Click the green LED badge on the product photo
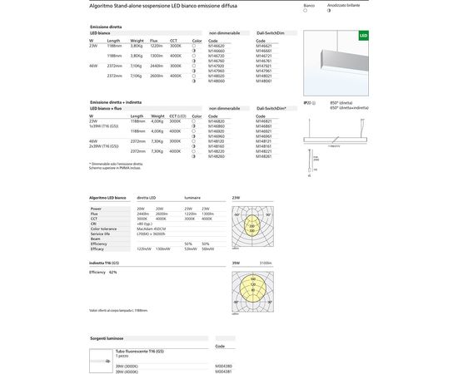pyautogui.click(x=363, y=37)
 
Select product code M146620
pyautogui.click(x=217, y=46)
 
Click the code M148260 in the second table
pyautogui.click(x=217, y=157)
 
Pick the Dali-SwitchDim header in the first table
pyautogui.click(x=271, y=34)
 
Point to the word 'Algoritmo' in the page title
pyautogui.click(x=102, y=5)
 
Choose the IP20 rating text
pyautogui.click(x=308, y=101)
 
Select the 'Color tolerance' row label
pyautogui.click(x=107, y=229)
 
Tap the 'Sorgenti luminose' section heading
pyautogui.click(x=109, y=339)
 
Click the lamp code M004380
pyautogui.click(x=224, y=365)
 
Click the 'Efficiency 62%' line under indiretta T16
pyautogui.click(x=103, y=272)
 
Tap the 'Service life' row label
pyautogui.click(x=103, y=234)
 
